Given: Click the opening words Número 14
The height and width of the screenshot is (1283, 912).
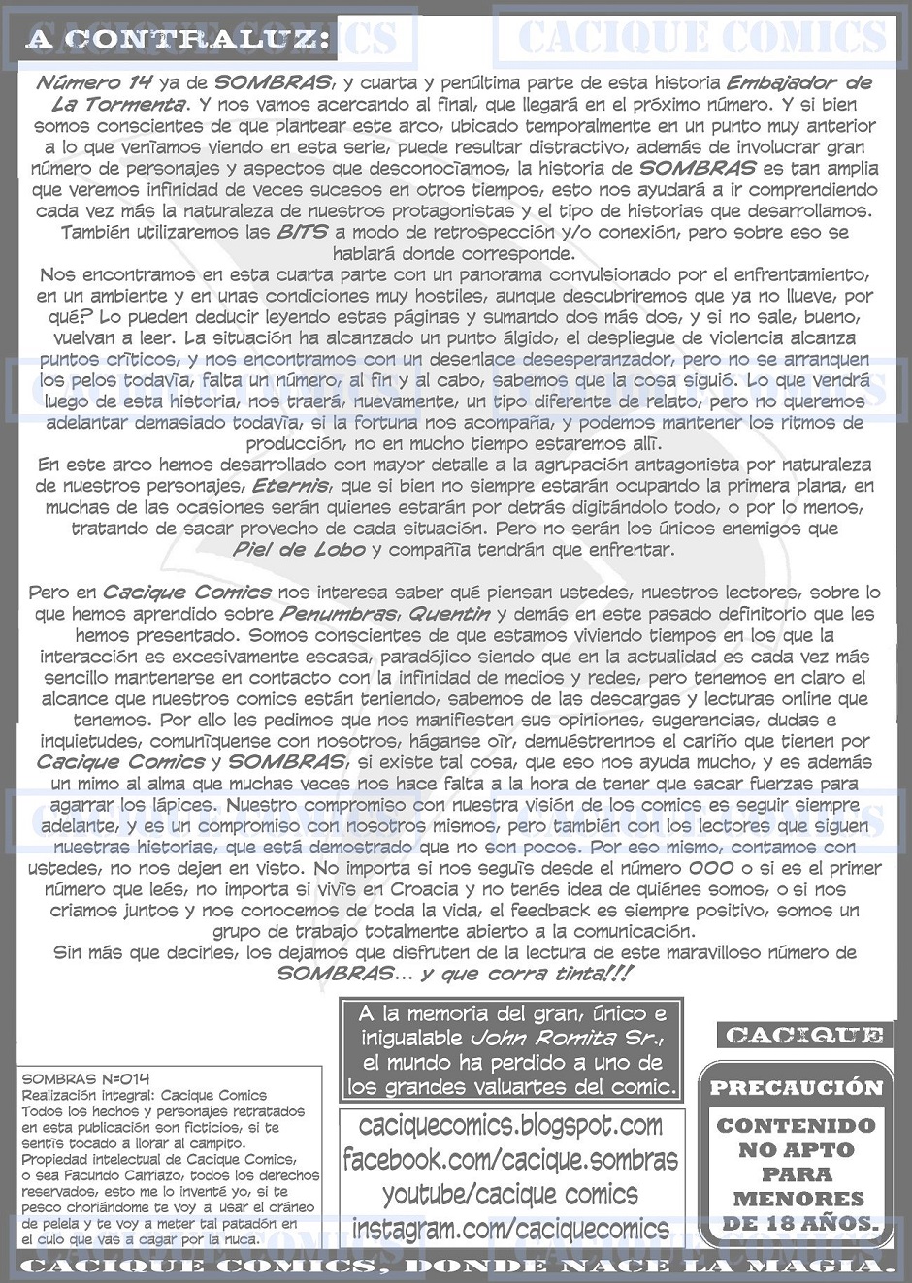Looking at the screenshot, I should tap(93, 83).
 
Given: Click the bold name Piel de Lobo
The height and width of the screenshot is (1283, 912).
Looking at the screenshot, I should tap(300, 550).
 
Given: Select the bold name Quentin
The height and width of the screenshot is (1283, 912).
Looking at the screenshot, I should tap(448, 614).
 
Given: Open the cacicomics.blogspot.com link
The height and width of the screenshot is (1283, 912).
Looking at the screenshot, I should tap(511, 1125).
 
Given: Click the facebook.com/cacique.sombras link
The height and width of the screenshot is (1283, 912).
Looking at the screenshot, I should tap(510, 1160).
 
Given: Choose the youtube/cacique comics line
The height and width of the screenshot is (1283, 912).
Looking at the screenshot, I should tap(510, 1195).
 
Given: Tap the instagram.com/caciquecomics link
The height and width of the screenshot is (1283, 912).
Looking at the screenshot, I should tap(510, 1230).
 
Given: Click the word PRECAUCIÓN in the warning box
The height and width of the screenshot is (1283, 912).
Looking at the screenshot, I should tap(796, 1088).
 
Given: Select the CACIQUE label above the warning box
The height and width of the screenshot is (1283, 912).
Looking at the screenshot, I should tap(804, 1036).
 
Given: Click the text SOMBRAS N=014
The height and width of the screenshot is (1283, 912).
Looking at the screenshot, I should tap(74, 1079).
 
